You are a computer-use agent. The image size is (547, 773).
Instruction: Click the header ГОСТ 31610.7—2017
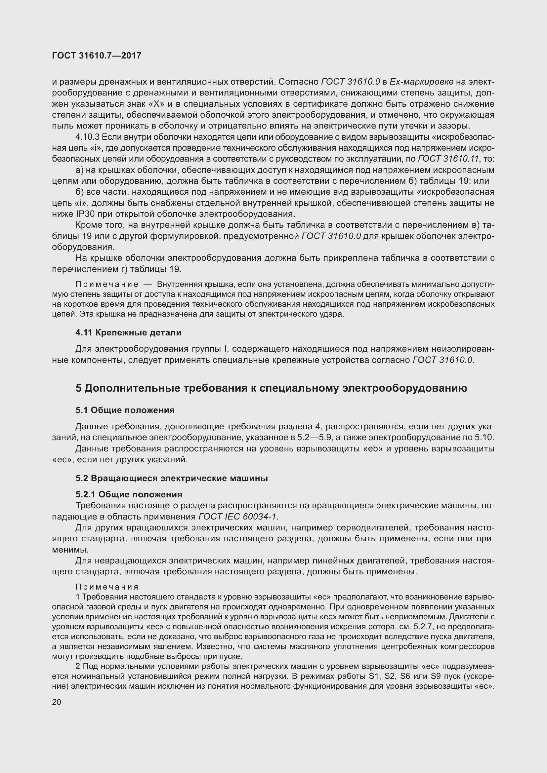97,56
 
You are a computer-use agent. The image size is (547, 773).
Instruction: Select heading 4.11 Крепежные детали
128,333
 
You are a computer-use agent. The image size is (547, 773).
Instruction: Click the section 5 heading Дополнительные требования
271,388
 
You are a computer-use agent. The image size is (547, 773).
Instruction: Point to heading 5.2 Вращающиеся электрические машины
171,479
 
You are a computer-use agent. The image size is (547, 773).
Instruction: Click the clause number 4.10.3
88,137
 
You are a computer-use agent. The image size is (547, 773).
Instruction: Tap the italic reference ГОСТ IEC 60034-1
238,517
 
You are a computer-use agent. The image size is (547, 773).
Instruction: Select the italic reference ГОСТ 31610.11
448,159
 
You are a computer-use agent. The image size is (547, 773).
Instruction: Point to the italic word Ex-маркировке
421,82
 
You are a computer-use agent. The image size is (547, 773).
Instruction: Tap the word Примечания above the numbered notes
107,587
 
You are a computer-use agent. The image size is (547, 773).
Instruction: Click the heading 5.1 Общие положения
125,410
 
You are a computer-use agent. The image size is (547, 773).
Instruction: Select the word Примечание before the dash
107,285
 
